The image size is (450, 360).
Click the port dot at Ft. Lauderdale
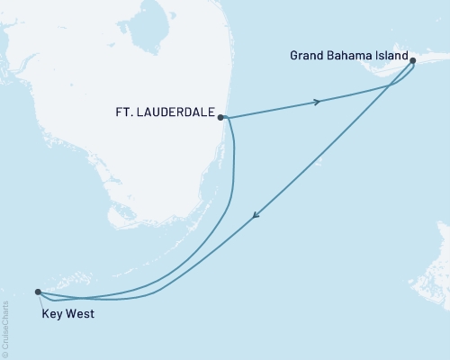pyautogui.click(x=220, y=117)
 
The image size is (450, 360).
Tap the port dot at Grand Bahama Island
pyautogui.click(x=412, y=61)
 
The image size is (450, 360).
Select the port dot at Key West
pyautogui.click(x=37, y=292)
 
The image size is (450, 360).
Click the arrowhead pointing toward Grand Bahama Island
pyautogui.click(x=316, y=102)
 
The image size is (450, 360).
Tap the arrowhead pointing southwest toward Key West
pyautogui.click(x=256, y=215)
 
